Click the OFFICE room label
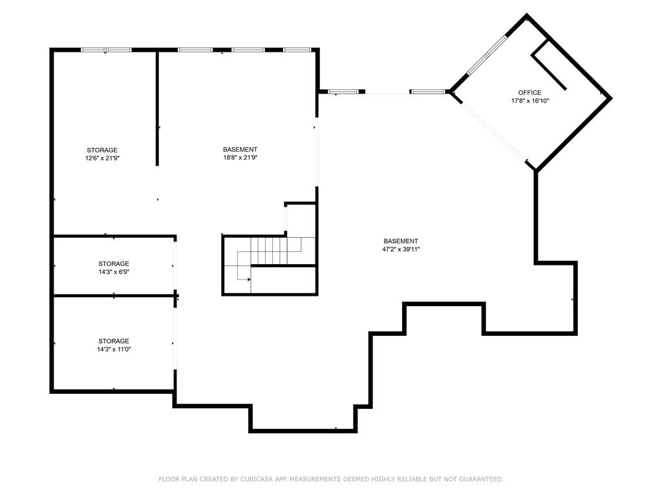pyautogui.click(x=529, y=92)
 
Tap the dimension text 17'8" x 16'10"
pyautogui.click(x=529, y=101)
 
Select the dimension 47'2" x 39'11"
pyautogui.click(x=401, y=249)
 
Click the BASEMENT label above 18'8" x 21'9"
pyautogui.click(x=240, y=149)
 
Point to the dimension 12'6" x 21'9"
pyautogui.click(x=102, y=158)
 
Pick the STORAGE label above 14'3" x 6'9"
pyautogui.click(x=114, y=263)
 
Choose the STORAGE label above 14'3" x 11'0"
pyautogui.click(x=114, y=341)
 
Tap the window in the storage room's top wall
pyautogui.click(x=106, y=50)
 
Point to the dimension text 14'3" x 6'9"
pyautogui.click(x=114, y=272)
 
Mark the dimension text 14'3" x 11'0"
pyautogui.click(x=114, y=349)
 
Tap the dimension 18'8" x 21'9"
pyautogui.click(x=240, y=158)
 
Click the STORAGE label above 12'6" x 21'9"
pyautogui.click(x=102, y=150)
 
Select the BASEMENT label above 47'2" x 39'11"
pyautogui.click(x=401, y=241)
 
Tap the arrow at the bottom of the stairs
pyautogui.click(x=248, y=279)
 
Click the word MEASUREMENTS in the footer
pyautogui.click(x=315, y=479)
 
